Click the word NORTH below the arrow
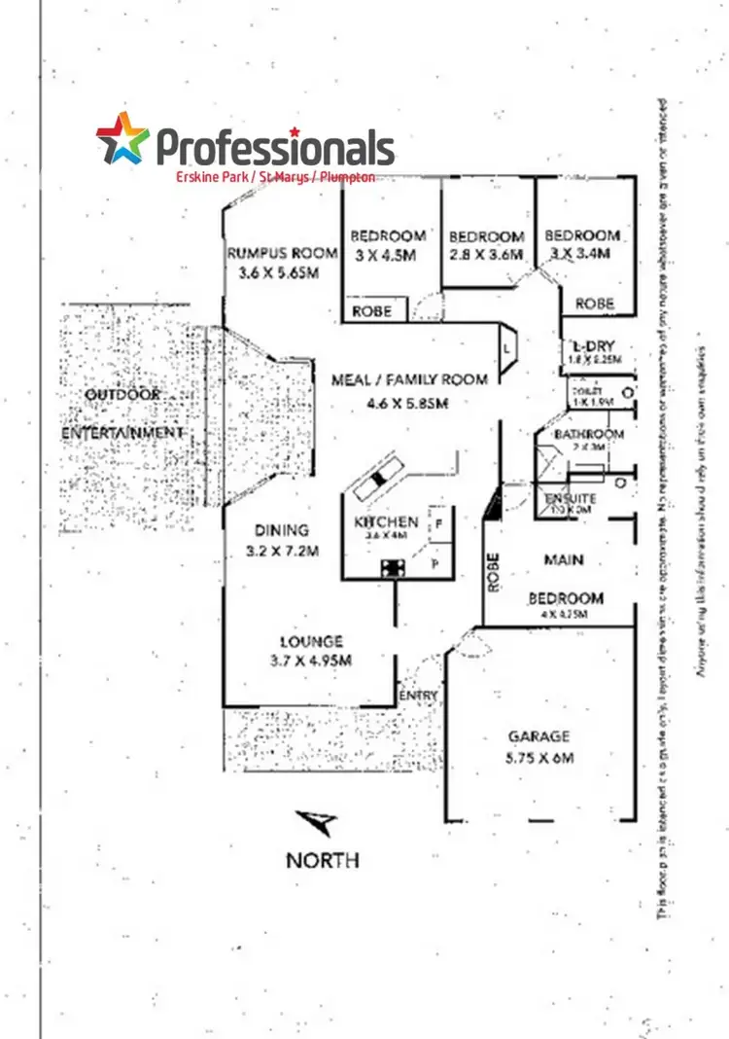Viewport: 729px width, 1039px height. tap(322, 860)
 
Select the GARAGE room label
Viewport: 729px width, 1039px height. tap(538, 736)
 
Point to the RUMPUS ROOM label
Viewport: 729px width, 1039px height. tap(282, 253)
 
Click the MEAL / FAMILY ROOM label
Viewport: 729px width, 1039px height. tap(408, 379)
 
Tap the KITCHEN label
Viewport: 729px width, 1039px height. tap(386, 522)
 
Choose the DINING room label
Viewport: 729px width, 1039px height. tap(282, 530)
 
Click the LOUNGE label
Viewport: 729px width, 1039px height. tap(311, 642)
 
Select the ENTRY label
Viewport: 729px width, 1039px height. tap(419, 696)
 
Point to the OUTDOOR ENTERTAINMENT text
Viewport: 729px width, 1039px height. tap(122, 413)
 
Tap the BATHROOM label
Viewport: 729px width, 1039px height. tap(588, 434)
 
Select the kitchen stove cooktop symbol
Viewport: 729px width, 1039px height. tap(394, 568)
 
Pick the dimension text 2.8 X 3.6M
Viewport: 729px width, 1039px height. tap(486, 255)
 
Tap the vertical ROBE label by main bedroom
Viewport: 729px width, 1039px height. tap(494, 573)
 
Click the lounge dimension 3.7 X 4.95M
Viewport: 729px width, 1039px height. tap(311, 661)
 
